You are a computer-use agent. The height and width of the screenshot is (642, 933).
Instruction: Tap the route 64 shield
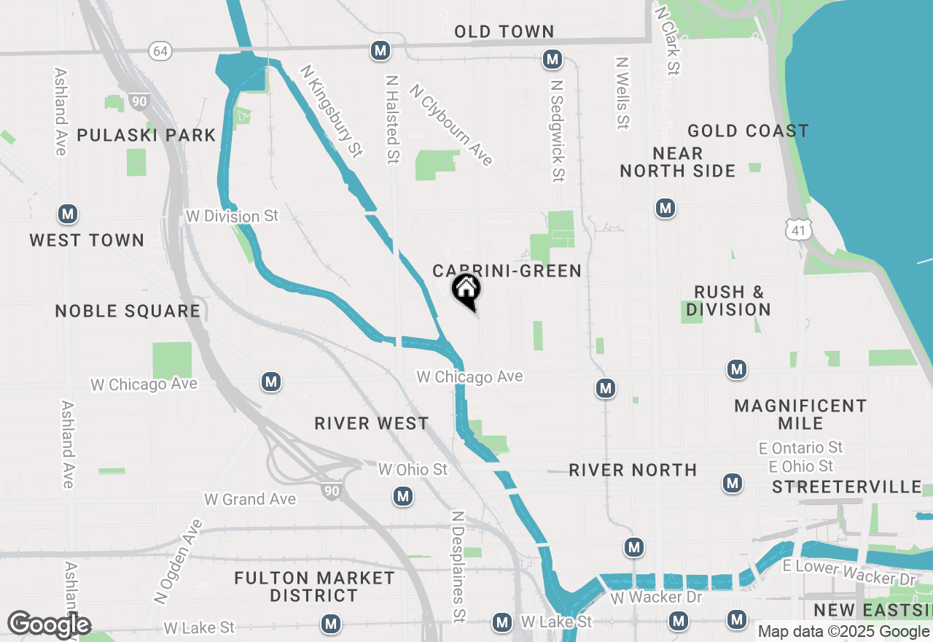point(160,50)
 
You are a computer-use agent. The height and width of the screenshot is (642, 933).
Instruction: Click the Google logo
point(49,625)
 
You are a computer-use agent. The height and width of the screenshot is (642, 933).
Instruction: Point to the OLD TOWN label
point(504,31)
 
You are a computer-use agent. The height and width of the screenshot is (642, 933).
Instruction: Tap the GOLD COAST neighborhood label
point(748,131)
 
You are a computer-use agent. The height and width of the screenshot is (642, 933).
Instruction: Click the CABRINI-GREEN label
point(507,271)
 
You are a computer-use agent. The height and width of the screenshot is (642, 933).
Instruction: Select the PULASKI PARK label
point(147,135)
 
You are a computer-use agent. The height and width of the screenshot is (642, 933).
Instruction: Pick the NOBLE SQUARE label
point(128,311)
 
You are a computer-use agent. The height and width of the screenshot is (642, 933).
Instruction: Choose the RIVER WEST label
point(371,423)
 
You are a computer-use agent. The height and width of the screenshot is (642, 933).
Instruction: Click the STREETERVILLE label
point(847,487)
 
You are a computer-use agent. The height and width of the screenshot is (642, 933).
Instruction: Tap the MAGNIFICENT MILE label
point(800,414)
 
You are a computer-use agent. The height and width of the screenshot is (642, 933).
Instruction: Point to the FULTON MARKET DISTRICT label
point(314,587)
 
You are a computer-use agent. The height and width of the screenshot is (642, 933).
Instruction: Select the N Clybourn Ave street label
point(451,125)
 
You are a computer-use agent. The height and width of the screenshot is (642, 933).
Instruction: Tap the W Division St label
point(233,216)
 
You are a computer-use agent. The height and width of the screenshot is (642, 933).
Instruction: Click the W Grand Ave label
point(250,499)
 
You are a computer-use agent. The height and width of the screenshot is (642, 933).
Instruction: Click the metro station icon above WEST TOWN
point(68,214)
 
